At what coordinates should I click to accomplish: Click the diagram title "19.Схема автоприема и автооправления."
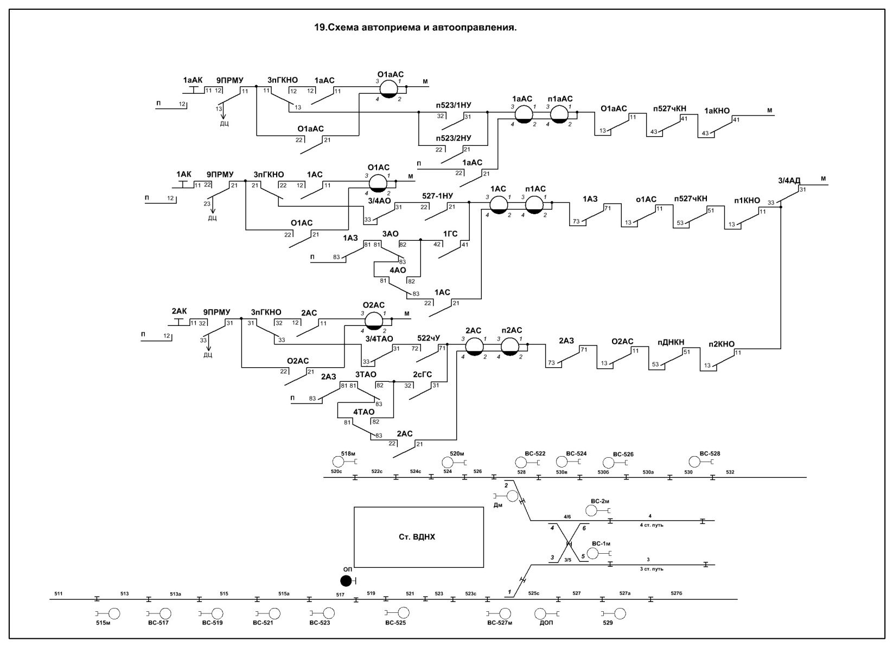[x=415, y=27]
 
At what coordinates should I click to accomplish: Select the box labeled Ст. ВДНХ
[x=418, y=537]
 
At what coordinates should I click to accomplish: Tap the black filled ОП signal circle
[x=346, y=581]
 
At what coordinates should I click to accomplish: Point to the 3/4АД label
[x=789, y=180]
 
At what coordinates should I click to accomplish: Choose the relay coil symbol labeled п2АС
[x=509, y=347]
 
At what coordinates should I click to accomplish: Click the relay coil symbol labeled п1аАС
[x=559, y=114]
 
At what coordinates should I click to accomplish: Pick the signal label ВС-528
[x=710, y=453]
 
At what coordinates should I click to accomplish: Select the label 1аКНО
[x=717, y=111]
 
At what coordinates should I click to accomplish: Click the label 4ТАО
[x=363, y=412]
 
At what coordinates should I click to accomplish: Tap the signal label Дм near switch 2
[x=498, y=505]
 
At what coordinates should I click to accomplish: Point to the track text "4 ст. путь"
[x=652, y=524]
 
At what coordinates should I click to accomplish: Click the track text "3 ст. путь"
[x=652, y=568]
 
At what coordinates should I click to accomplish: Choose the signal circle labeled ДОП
[x=541, y=613]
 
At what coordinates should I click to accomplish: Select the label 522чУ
[x=429, y=338]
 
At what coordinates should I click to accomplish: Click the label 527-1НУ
[x=437, y=196]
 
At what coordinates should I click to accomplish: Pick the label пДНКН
[x=671, y=342]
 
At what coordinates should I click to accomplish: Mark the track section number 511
[x=59, y=594]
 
